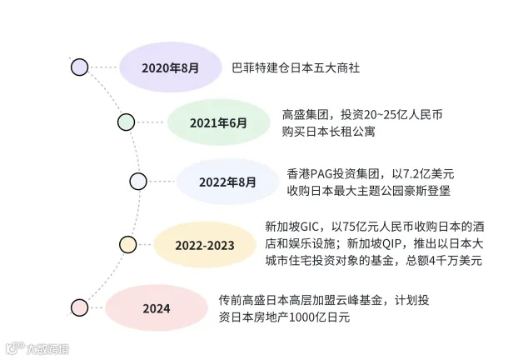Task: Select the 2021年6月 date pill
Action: coord(219,122)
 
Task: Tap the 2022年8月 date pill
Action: coord(227,181)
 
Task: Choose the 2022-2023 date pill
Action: coord(204,245)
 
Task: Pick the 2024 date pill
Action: coord(157,308)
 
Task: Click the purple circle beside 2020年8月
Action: coord(80,67)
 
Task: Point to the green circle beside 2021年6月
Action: coord(126,122)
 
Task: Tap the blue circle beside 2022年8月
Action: coord(138,181)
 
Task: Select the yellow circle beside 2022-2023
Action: coord(127,244)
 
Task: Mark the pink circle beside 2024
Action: coord(79,307)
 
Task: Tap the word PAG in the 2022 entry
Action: coord(322,173)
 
